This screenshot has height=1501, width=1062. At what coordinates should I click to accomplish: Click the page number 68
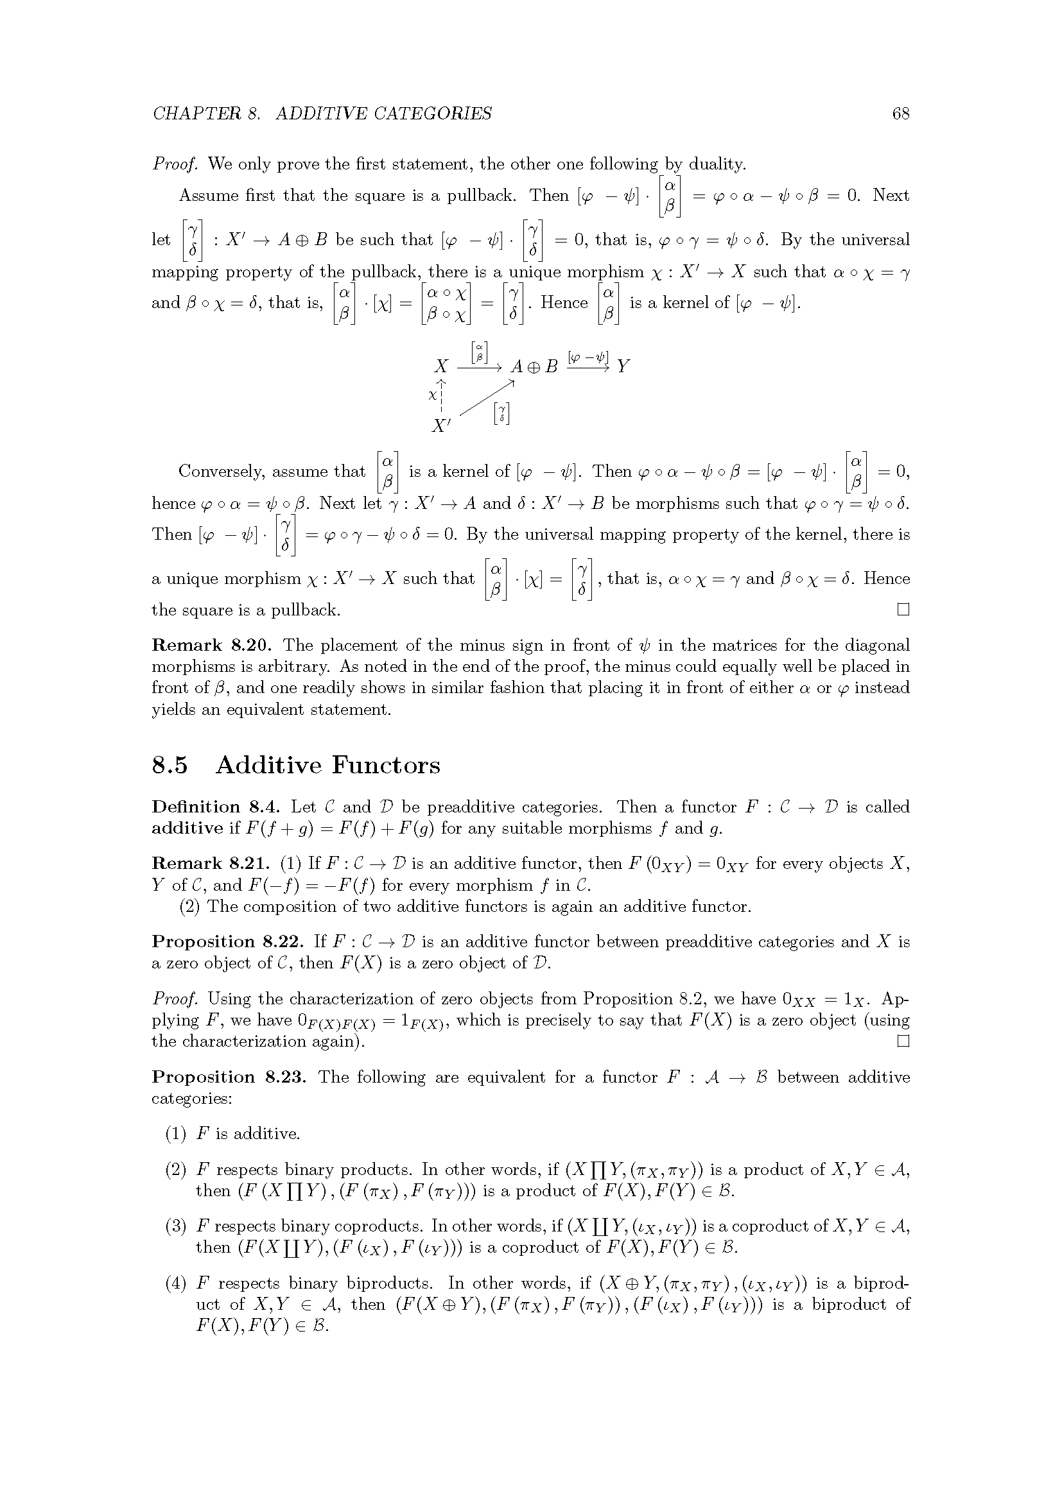[x=900, y=114]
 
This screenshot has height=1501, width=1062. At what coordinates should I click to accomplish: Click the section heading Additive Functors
[x=327, y=765]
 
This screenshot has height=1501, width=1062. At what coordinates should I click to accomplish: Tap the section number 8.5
[x=170, y=765]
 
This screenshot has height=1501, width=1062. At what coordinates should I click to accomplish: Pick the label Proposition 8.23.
[x=229, y=1077]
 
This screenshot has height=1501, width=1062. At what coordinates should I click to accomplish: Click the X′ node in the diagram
[x=441, y=426]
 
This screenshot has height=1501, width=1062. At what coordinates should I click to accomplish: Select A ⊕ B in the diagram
[x=534, y=367]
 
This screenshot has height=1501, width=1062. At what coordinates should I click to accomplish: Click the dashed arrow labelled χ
[x=442, y=395]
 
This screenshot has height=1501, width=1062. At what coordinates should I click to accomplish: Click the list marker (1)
[x=175, y=1133]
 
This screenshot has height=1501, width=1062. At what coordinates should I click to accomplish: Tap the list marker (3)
[x=175, y=1226]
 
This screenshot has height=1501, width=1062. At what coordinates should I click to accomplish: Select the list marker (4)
[x=175, y=1283]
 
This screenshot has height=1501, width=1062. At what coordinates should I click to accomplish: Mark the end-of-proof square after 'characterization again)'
[x=903, y=1042]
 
